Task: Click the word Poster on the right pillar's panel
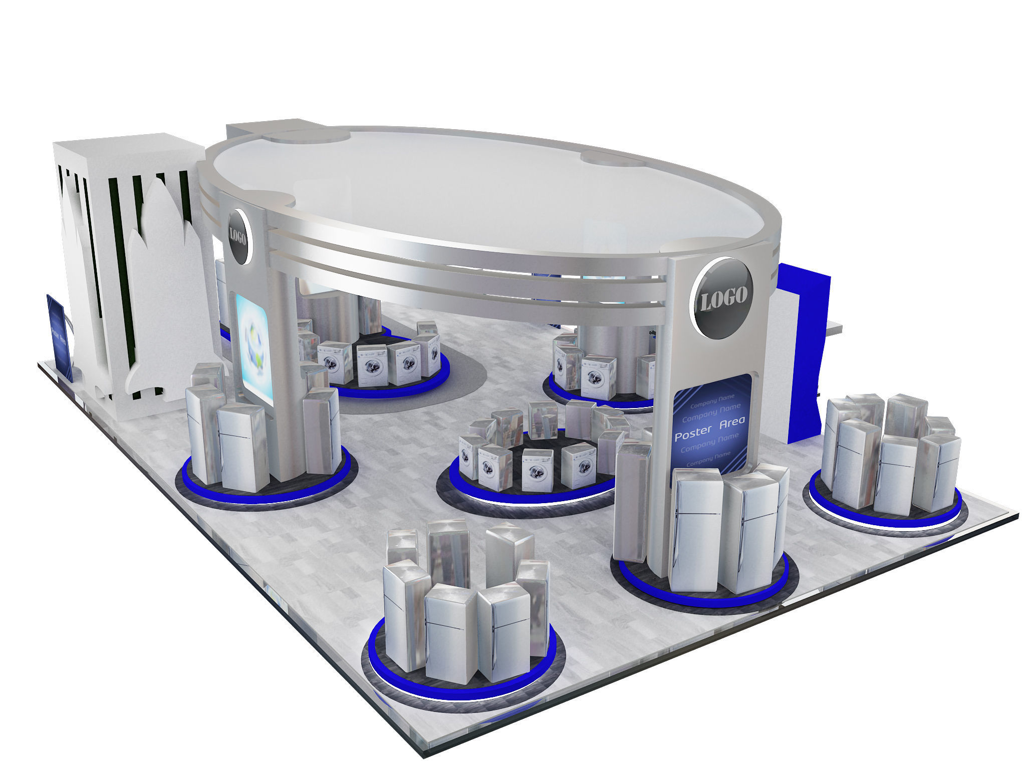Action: click(693, 434)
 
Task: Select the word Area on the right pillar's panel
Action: click(732, 423)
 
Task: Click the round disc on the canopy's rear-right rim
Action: click(612, 159)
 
